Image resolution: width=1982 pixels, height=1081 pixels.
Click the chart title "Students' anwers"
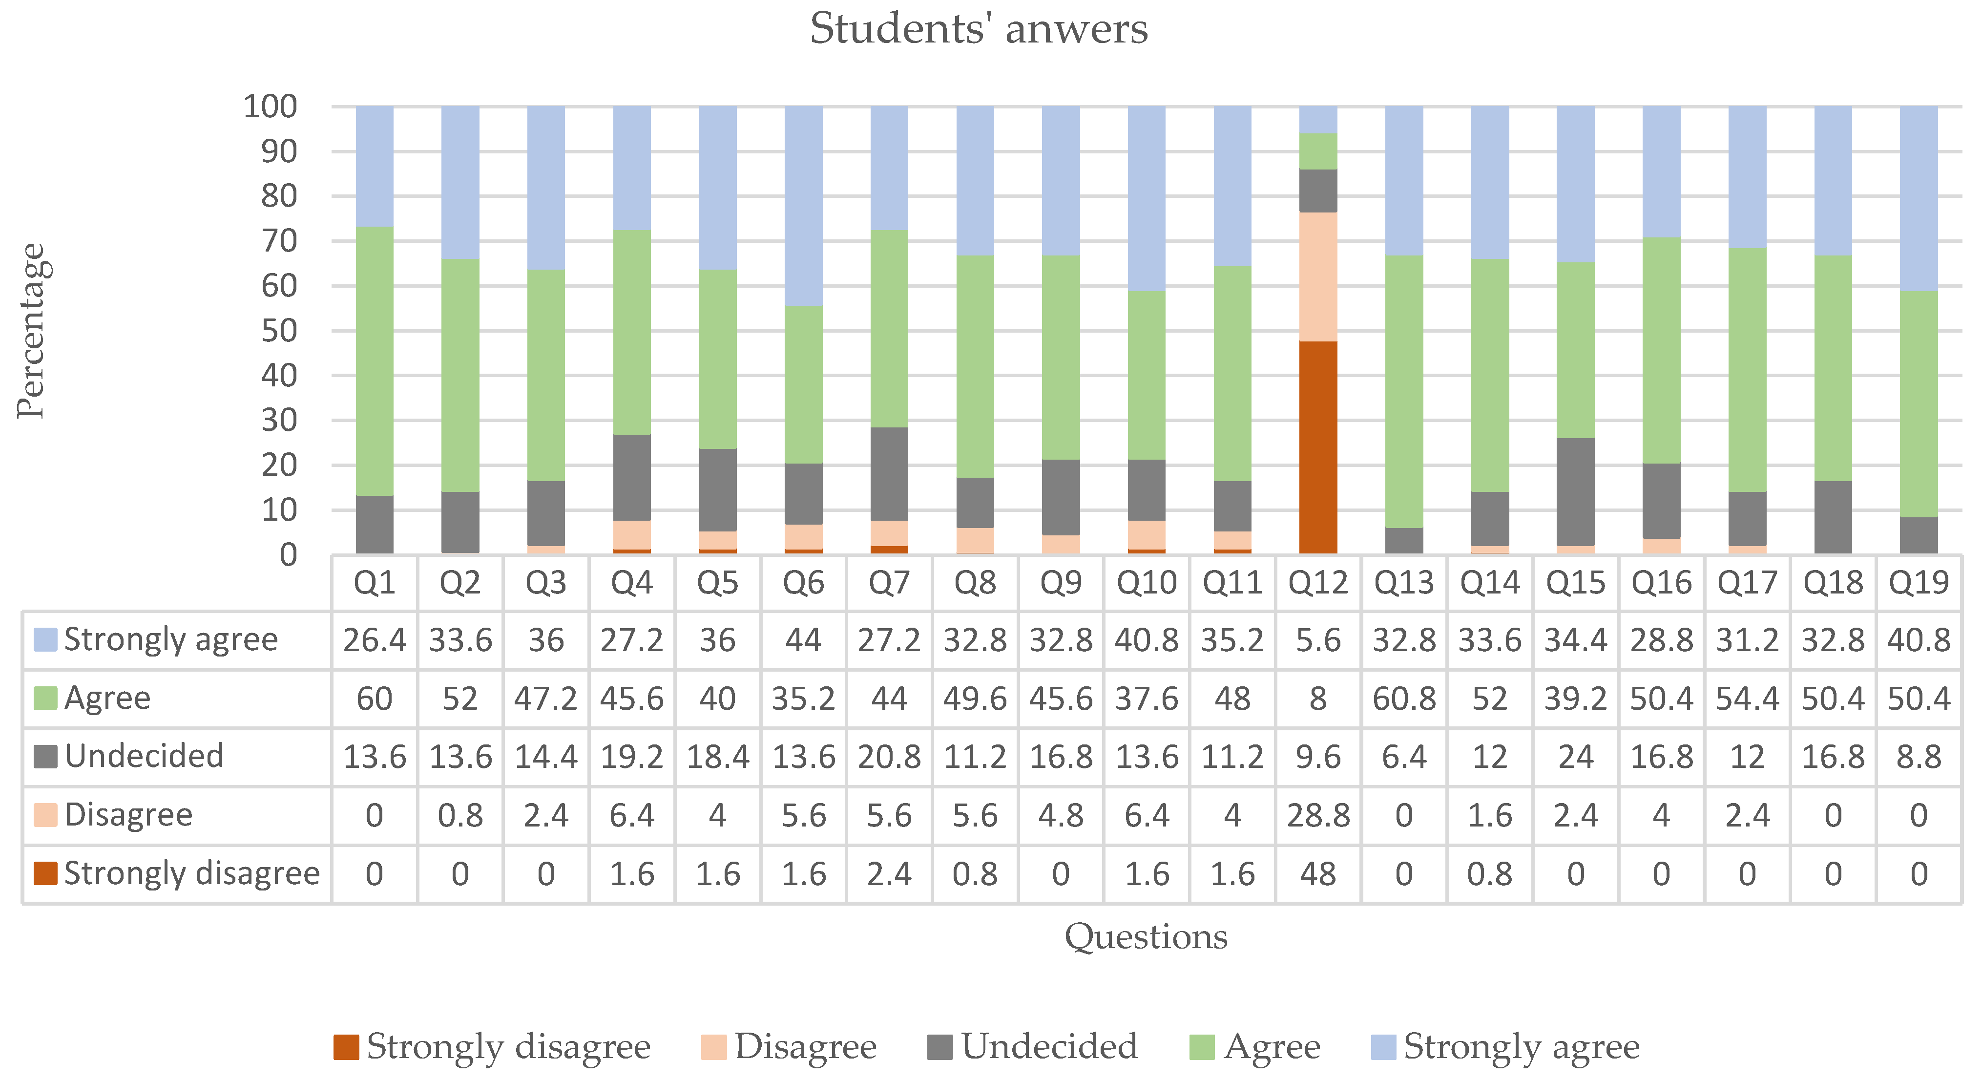pyautogui.click(x=978, y=29)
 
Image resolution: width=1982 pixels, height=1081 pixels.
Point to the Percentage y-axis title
pyautogui.click(x=31, y=331)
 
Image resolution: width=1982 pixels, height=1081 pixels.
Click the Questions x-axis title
pyautogui.click(x=1145, y=936)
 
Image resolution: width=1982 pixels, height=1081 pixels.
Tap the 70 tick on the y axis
pyautogui.click(x=278, y=241)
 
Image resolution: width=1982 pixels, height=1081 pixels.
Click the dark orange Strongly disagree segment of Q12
pyautogui.click(x=1317, y=446)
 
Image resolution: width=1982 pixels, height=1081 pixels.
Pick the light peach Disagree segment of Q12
pyautogui.click(x=1317, y=277)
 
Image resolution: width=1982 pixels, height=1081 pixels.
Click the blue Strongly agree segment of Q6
pyautogui.click(x=803, y=206)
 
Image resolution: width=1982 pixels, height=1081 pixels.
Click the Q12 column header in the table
pyautogui.click(x=1318, y=583)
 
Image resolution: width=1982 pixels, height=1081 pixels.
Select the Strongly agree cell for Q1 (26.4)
pyautogui.click(x=375, y=640)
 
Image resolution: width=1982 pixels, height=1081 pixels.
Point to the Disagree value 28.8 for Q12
pyautogui.click(x=1318, y=815)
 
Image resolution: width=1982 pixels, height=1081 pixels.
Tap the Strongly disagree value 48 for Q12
pyautogui.click(x=1318, y=874)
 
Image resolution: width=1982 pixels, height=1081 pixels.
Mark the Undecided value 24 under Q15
pyautogui.click(x=1575, y=757)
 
